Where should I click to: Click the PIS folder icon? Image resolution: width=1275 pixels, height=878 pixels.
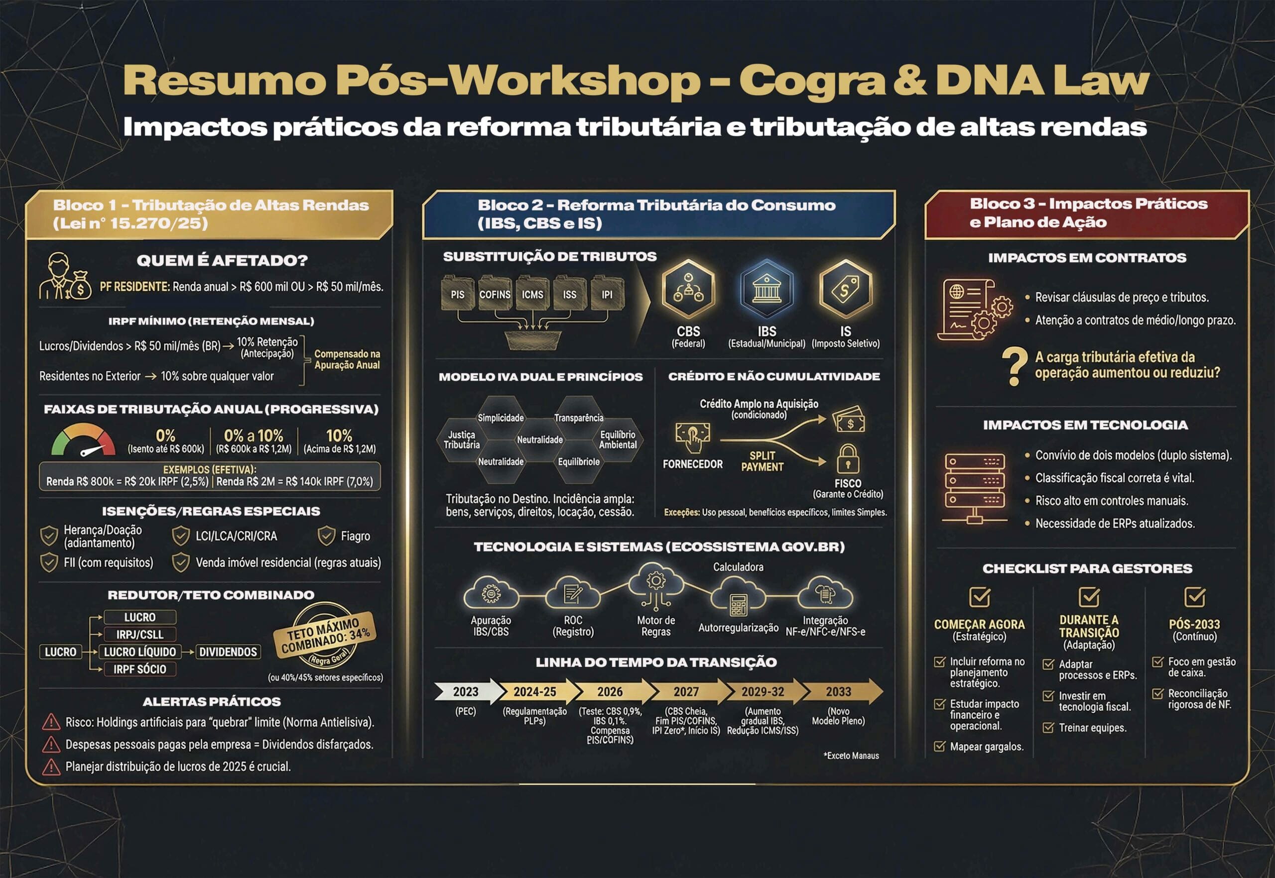click(x=458, y=293)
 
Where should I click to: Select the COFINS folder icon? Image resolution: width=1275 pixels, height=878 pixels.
click(x=495, y=293)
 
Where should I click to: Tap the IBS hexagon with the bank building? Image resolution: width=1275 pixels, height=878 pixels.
click(x=766, y=288)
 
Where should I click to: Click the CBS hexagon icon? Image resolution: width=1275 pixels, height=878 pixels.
click(x=688, y=288)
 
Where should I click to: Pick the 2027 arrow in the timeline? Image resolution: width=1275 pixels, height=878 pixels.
click(x=686, y=691)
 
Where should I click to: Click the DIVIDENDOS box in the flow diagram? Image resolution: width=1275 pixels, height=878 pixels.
click(x=228, y=652)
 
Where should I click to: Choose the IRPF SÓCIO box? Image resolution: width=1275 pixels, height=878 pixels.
click(x=140, y=669)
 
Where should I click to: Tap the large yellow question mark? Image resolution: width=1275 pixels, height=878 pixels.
click(x=1014, y=366)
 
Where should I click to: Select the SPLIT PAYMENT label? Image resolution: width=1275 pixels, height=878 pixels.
click(x=762, y=461)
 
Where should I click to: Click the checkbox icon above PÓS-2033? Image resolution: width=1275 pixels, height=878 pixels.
click(x=1195, y=597)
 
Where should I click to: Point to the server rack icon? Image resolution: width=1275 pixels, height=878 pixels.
click(x=974, y=487)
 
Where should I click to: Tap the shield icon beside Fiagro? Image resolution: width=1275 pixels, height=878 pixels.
click(x=326, y=535)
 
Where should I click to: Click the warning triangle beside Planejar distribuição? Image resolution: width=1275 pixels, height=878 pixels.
click(x=51, y=767)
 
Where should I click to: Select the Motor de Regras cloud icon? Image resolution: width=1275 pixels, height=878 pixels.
click(x=655, y=585)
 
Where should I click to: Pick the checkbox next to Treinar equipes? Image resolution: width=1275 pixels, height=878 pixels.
click(x=1048, y=728)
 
